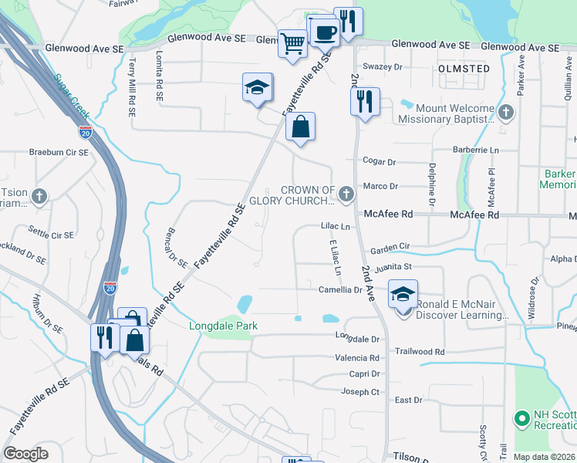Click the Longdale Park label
(x=224, y=326)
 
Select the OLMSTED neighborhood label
(x=464, y=69)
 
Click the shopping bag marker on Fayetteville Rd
(x=300, y=127)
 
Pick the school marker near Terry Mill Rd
(x=258, y=88)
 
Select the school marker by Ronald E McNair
(x=402, y=295)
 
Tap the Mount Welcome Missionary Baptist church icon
(x=506, y=113)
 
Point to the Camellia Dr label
(x=340, y=290)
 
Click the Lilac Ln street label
(x=336, y=227)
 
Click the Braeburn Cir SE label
(x=59, y=152)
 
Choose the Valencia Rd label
(x=356, y=358)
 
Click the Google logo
(x=25, y=454)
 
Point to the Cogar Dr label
(x=380, y=162)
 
